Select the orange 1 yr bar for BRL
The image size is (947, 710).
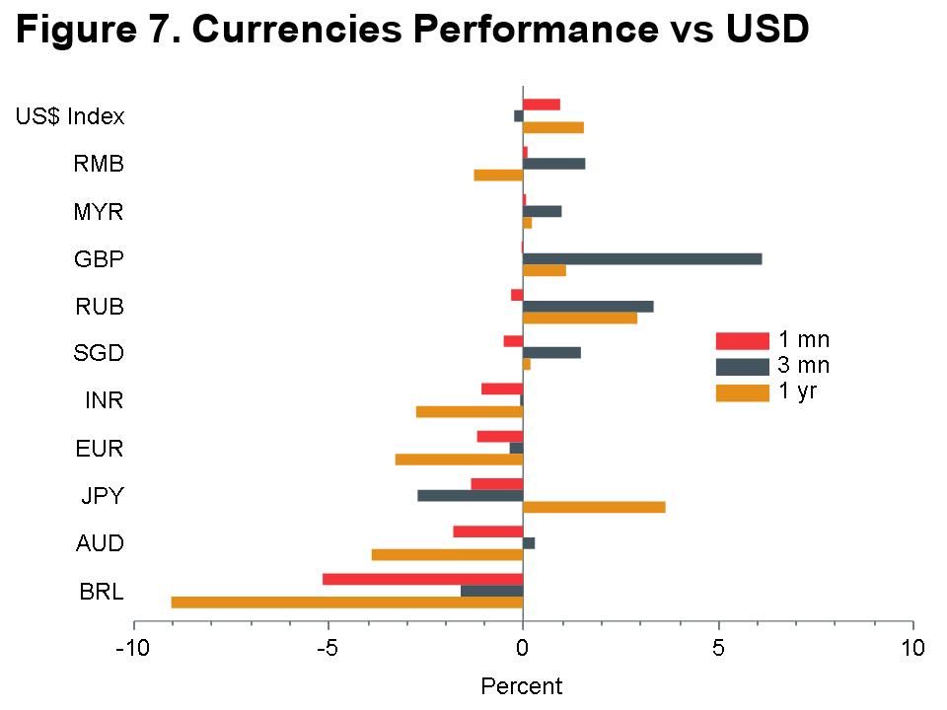coord(347,602)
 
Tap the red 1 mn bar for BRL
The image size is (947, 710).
coord(422,579)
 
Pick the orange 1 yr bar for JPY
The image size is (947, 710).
coord(593,507)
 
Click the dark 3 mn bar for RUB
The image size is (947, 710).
coord(587,307)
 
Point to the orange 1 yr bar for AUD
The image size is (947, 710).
coord(447,554)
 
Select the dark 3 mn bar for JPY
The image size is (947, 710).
coord(470,495)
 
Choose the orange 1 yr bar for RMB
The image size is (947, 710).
coord(498,176)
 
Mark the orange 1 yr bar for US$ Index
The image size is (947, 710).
coord(552,127)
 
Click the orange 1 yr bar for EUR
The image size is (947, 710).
coord(459,460)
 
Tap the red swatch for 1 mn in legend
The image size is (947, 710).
coord(742,341)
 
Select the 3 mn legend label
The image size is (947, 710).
coord(804,366)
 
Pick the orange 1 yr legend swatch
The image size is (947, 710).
coord(742,392)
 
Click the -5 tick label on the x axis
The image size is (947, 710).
coord(328,648)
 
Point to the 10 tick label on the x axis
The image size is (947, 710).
coord(912,648)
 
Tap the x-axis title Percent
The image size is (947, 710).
coord(521,686)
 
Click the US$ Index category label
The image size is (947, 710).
coord(70,116)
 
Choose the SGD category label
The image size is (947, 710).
coord(99,353)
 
